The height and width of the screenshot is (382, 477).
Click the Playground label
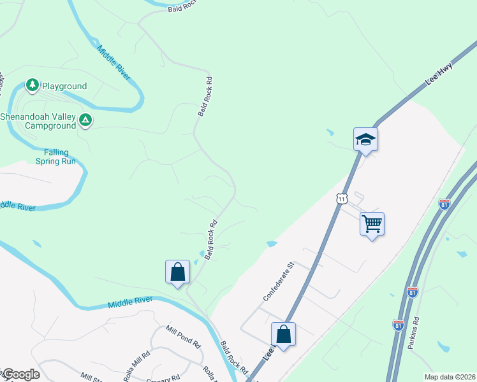[64, 86]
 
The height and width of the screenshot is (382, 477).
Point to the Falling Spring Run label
[60, 157]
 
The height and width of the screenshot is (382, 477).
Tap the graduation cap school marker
[366, 139]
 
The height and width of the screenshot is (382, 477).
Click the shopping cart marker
[372, 224]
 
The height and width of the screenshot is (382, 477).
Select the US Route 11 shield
[342, 199]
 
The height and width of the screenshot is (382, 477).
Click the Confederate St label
[277, 281]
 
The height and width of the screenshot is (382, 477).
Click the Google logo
[20, 374]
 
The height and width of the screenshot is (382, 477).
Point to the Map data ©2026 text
[450, 377]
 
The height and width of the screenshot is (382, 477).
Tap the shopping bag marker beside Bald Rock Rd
[177, 272]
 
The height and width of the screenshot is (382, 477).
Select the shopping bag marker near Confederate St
[283, 334]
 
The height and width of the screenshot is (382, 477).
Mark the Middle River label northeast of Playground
[114, 62]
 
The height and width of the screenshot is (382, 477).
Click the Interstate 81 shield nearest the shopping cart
[444, 204]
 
